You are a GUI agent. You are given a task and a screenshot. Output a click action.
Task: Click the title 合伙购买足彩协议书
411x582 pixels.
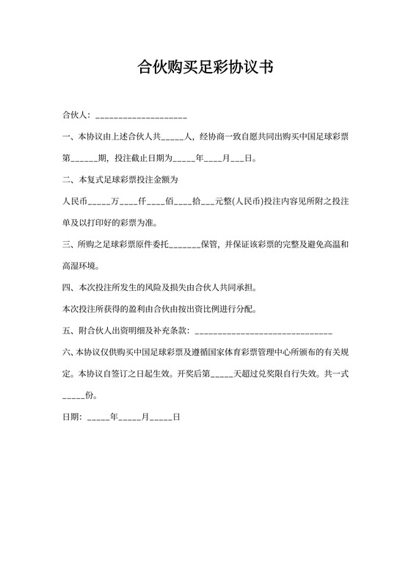[205, 68]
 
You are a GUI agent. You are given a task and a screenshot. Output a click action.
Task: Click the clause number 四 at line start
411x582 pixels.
[67, 287]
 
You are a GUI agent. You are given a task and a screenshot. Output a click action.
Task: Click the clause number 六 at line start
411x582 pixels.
[67, 351]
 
